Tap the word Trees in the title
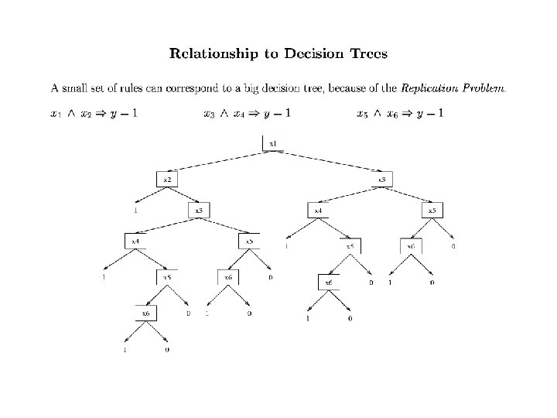pos(365,54)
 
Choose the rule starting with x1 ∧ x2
pos(94,115)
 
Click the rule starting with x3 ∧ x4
pos(248,115)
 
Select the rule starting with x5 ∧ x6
pos(401,115)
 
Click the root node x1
pos(273,144)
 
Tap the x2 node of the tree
pos(166,179)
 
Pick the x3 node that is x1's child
pos(381,179)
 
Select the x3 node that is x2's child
pos(198,210)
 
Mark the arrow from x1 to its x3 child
pos(328,161)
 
